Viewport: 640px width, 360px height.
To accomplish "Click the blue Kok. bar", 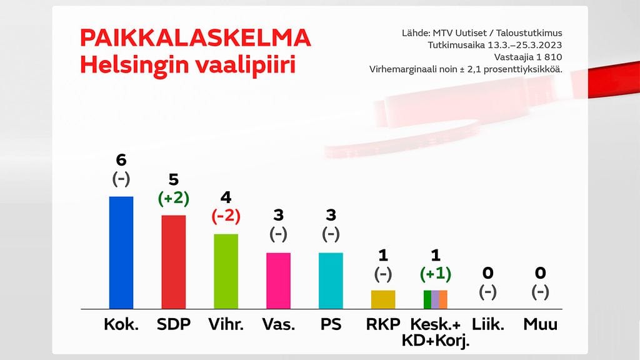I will (x=121, y=252).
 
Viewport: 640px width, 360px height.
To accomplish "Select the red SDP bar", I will (x=174, y=262).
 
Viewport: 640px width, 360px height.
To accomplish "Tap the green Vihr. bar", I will (x=226, y=271).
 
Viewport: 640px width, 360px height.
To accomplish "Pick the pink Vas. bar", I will (x=278, y=281).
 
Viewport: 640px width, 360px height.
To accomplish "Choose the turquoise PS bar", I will (x=331, y=281).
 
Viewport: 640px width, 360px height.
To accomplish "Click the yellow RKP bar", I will (x=383, y=299).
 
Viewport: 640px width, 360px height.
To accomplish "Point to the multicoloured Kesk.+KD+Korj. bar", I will (x=436, y=299).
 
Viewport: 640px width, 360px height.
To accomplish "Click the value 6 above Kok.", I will (x=121, y=161).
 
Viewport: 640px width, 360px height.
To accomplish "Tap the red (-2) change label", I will (x=226, y=216).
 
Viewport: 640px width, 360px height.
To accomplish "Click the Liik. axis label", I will (x=488, y=324).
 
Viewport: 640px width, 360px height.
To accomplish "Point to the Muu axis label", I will (x=541, y=324).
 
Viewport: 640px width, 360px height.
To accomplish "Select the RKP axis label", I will (x=383, y=324).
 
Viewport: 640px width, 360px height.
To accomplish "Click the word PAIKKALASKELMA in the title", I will (x=195, y=39).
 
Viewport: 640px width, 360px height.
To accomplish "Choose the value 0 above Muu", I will (x=541, y=272).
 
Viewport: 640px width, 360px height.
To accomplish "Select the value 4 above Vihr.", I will (x=226, y=198).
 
